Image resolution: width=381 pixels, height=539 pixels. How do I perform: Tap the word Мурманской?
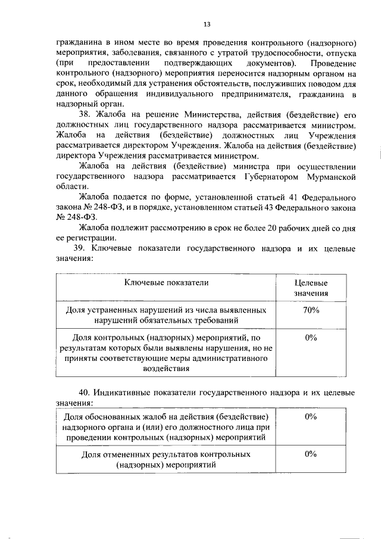[x=330, y=177]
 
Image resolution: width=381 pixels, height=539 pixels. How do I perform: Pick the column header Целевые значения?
[x=311, y=288]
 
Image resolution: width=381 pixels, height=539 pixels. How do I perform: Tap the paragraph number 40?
[x=84, y=393]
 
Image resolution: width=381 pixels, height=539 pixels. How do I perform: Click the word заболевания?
[x=132, y=54]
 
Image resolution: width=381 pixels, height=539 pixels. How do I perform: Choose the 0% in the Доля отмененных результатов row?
[x=310, y=454]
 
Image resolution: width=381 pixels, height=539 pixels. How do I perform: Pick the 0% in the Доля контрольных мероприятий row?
[x=310, y=338]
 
